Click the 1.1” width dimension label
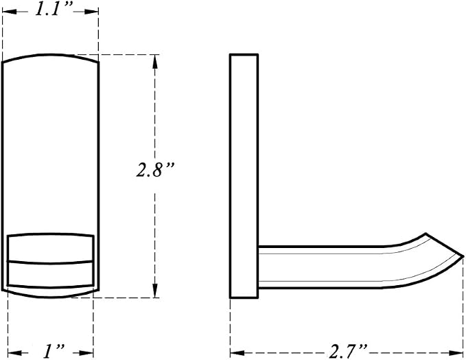(x=54, y=9)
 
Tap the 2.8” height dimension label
(x=154, y=170)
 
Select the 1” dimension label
(x=54, y=351)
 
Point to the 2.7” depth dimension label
(x=348, y=351)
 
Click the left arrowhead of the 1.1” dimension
(x=9, y=12)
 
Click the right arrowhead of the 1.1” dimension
(x=92, y=12)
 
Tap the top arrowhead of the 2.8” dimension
(x=154, y=61)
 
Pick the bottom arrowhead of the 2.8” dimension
(x=154, y=291)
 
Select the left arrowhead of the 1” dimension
(x=14, y=353)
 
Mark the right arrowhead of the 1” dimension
(x=86, y=353)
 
